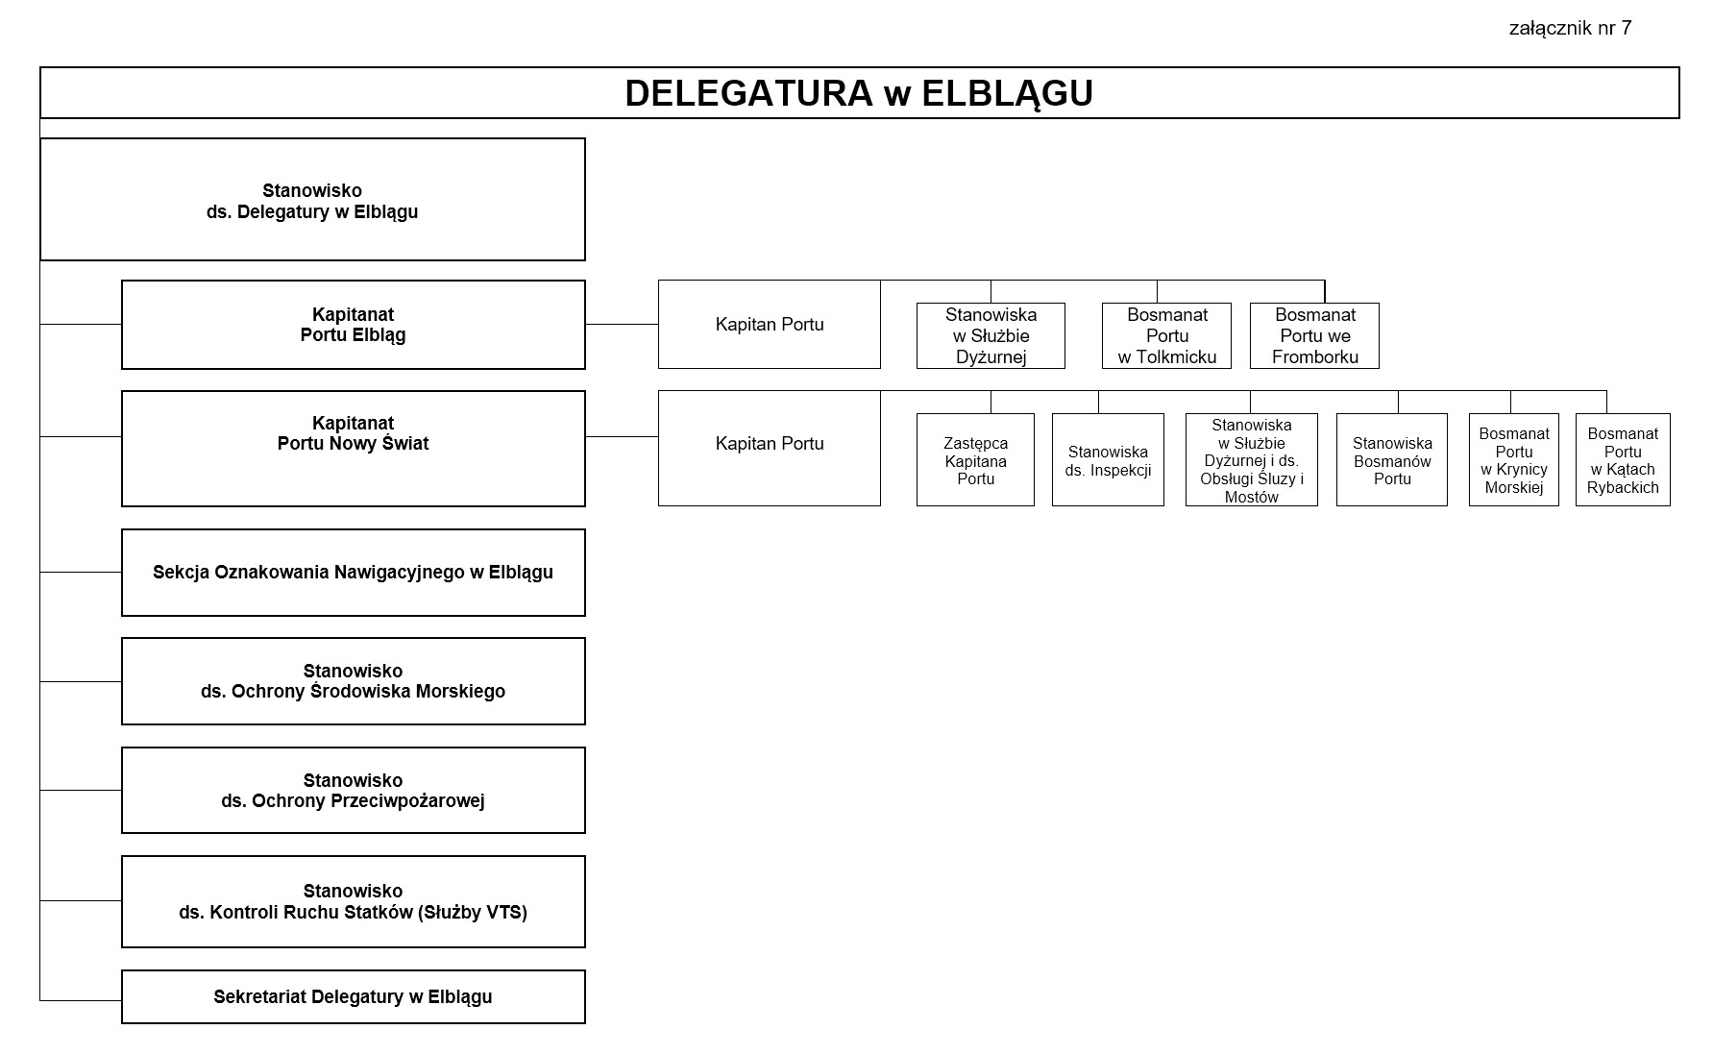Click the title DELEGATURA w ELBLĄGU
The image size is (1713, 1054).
click(x=859, y=93)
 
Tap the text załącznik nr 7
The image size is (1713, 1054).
click(x=1570, y=28)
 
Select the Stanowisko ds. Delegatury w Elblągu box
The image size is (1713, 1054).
click(x=312, y=200)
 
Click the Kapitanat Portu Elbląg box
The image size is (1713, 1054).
click(x=353, y=325)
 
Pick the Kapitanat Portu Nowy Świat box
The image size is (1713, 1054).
click(x=353, y=449)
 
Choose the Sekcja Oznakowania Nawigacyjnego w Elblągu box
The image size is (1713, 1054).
click(x=353, y=573)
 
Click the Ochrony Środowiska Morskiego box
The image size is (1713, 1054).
click(x=353, y=681)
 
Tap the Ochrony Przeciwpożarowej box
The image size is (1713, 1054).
click(x=353, y=791)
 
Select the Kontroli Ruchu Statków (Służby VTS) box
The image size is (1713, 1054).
click(x=353, y=901)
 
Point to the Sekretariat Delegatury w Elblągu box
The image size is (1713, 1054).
click(x=353, y=996)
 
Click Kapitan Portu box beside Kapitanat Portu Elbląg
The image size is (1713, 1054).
click(x=770, y=325)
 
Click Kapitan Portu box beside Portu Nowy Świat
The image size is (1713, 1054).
click(x=770, y=448)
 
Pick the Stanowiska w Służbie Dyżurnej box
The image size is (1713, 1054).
click(x=991, y=335)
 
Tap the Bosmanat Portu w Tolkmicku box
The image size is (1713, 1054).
click(x=1166, y=335)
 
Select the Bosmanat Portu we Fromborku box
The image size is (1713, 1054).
click(x=1314, y=335)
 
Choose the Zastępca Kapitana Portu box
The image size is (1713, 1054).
click(x=975, y=460)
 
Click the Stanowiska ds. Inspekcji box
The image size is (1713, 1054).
click(x=1108, y=460)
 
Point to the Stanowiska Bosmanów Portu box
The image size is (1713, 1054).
click(x=1391, y=460)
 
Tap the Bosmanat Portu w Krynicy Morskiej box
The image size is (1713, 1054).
click(x=1513, y=460)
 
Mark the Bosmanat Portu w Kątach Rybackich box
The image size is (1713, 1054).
click(x=1623, y=460)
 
